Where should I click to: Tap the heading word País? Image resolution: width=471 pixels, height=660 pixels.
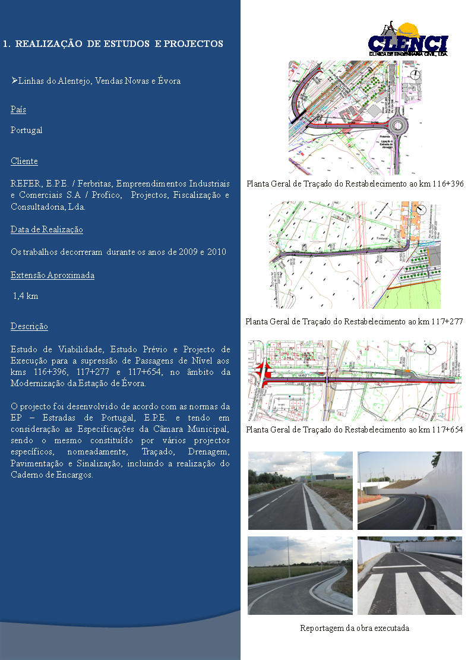tap(18, 110)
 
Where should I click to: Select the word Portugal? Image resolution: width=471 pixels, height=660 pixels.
tap(27, 130)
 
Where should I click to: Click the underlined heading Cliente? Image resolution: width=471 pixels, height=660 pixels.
tap(24, 161)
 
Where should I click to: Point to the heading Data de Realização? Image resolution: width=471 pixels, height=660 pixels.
tap(47, 229)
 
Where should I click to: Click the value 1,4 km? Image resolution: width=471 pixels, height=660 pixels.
tap(26, 296)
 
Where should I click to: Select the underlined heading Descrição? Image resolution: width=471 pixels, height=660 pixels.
tap(29, 326)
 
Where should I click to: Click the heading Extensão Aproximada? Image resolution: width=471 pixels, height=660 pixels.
tap(52, 275)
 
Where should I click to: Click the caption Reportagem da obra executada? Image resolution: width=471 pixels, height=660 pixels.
tap(355, 628)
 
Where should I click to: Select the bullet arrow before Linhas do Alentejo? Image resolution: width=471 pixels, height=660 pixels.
tap(14, 80)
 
